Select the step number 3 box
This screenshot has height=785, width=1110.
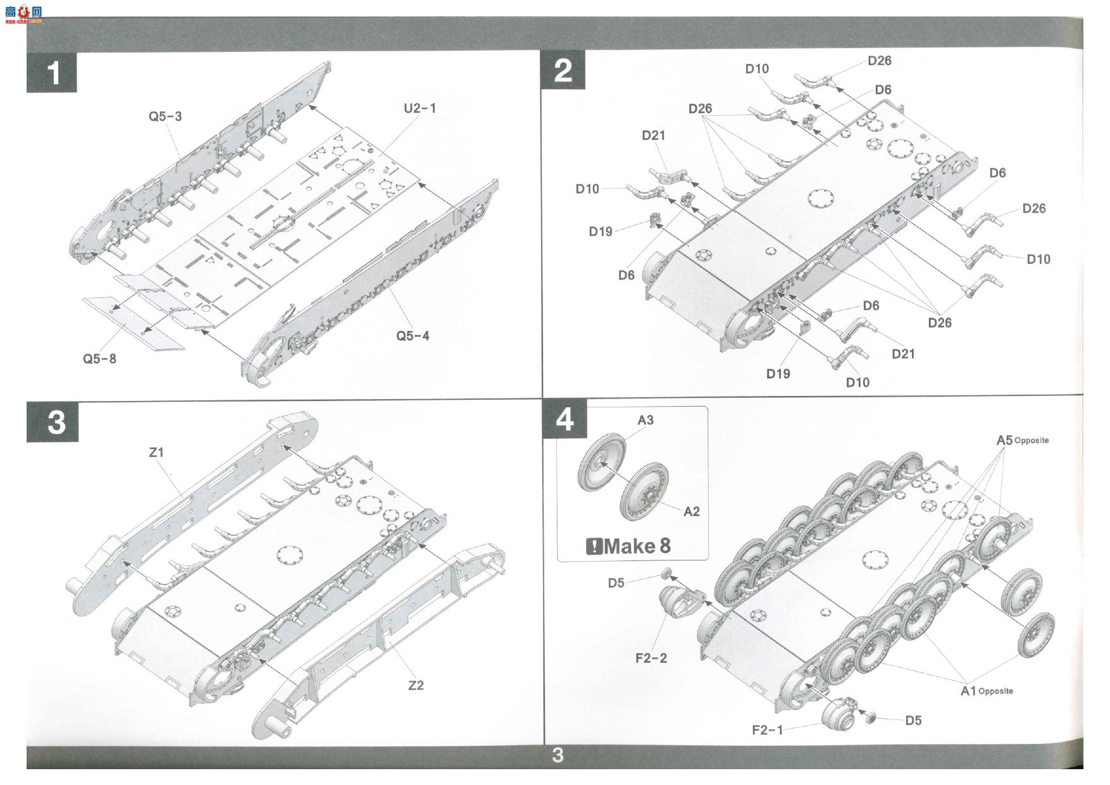[53, 421]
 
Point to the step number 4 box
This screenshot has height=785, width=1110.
[564, 419]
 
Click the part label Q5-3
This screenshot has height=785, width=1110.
[165, 116]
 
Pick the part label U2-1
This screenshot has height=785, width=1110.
[420, 108]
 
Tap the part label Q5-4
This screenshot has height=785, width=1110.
[413, 336]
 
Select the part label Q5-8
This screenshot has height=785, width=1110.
[99, 359]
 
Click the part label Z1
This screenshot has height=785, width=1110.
[156, 452]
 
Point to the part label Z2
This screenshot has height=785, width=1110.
[416, 685]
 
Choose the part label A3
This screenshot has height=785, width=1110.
[645, 420]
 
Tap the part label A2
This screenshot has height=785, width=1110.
[692, 511]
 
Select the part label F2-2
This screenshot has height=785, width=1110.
[651, 658]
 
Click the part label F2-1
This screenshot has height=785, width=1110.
[768, 730]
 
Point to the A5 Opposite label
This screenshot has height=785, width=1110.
[1023, 440]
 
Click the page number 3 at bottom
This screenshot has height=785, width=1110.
[558, 755]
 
